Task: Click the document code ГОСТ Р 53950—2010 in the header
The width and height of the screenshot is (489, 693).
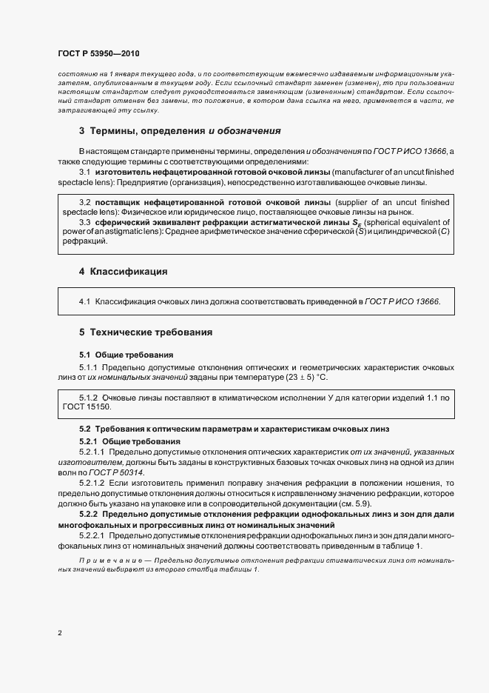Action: tap(98, 54)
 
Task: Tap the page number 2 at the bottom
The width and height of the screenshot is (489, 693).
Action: tap(59, 632)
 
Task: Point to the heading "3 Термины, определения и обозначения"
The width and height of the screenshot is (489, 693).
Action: tap(180, 131)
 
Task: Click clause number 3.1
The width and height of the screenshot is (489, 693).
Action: tap(84, 171)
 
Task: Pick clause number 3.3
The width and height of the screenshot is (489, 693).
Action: tap(84, 221)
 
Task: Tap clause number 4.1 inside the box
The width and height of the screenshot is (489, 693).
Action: tap(84, 302)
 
